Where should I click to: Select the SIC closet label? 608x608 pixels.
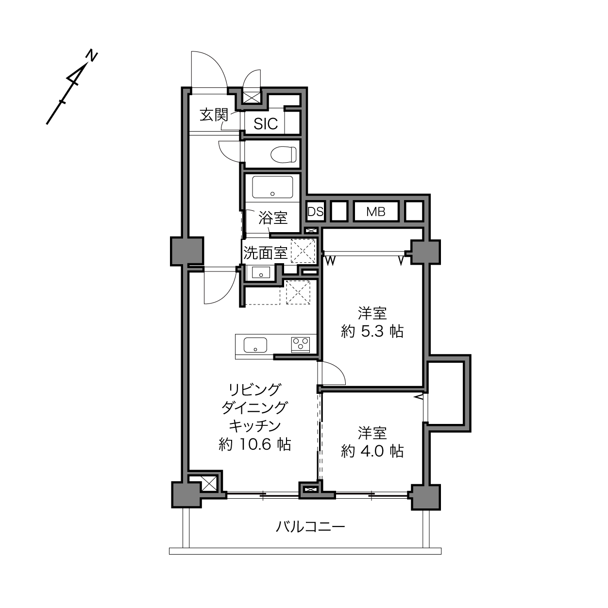pos(266,124)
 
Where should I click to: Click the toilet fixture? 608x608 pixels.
pos(284,154)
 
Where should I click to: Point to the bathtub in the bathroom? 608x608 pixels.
pos(272,187)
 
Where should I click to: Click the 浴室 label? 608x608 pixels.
pos(273,218)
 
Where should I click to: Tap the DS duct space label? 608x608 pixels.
pos(315,212)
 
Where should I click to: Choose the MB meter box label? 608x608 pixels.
pos(376,212)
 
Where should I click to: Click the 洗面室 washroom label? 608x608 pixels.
pos(265,253)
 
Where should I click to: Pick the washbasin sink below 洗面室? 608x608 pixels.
pos(261,272)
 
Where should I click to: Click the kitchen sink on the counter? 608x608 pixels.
pos(255,345)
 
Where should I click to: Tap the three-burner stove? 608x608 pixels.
pos(301,344)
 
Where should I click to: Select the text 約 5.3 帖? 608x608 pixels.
pos(372,332)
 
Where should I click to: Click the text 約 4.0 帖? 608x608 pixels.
pos(372,452)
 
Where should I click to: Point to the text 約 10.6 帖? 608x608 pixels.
pos(255,444)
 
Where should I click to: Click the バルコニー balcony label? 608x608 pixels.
pos(310,527)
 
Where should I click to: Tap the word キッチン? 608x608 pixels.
pos(255,426)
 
